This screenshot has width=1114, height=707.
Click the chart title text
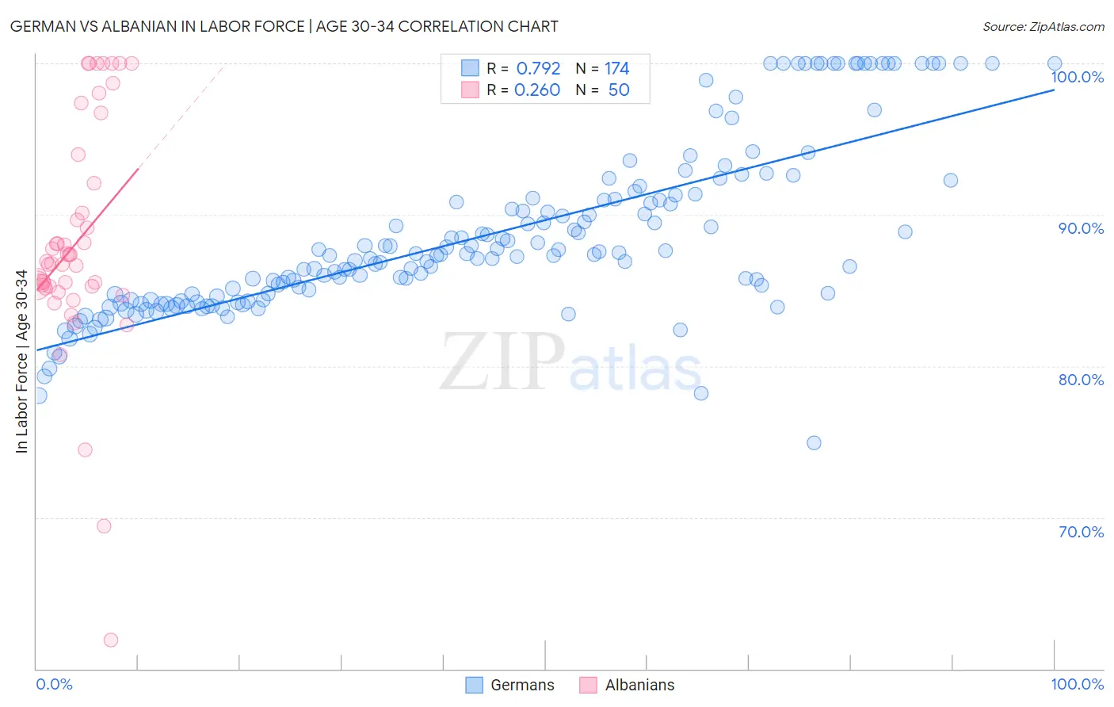click(284, 26)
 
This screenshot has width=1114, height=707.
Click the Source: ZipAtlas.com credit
click(1043, 26)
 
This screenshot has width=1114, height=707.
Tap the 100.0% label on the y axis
click(1077, 77)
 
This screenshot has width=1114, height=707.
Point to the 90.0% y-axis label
click(1081, 228)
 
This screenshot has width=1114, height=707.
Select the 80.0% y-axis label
click(1081, 380)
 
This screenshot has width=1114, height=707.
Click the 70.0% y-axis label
click(1081, 532)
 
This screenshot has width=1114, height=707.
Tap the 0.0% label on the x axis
click(54, 684)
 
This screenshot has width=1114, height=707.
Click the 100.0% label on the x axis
click(1077, 684)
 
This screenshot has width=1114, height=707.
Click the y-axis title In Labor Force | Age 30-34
click(21, 361)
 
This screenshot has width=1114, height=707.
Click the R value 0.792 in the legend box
click(538, 69)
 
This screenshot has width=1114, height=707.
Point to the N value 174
click(616, 69)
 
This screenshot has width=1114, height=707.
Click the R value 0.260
click(537, 90)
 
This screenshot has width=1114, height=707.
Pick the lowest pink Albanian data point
click(111, 640)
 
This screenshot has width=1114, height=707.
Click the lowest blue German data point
click(814, 443)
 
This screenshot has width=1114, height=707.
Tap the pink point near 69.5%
click(104, 526)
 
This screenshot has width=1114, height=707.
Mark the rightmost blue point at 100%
click(1055, 63)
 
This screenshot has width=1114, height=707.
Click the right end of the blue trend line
click(1054, 90)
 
